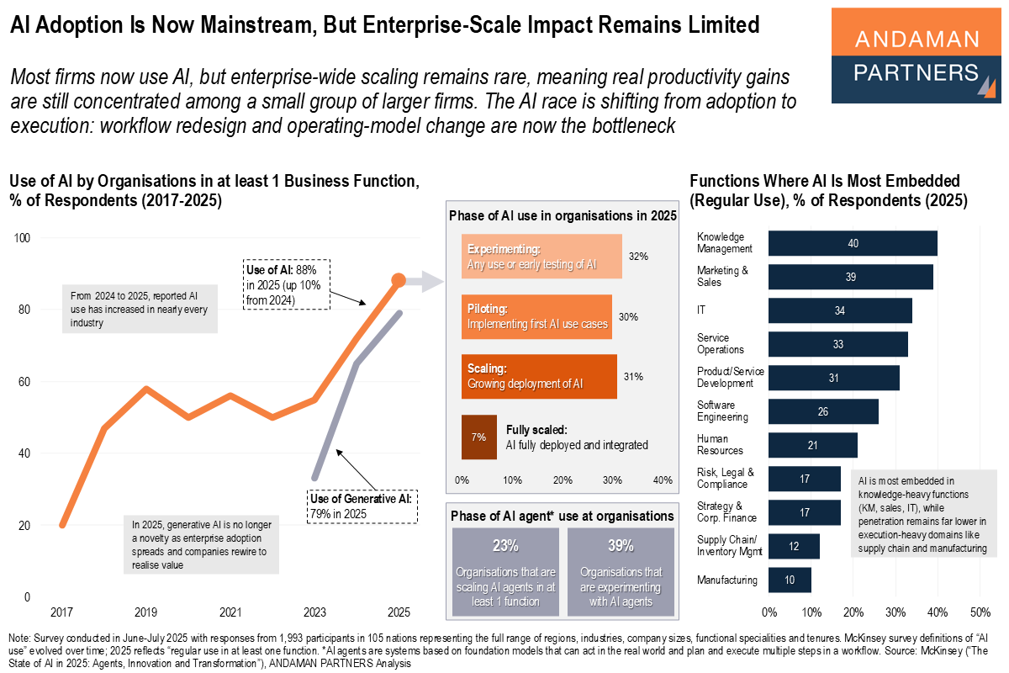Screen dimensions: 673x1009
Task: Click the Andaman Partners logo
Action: coord(916,56)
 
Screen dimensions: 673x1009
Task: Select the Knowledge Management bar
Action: coord(853,243)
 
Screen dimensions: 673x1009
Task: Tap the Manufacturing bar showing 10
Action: coord(790,580)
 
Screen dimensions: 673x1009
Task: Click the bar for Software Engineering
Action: coord(823,411)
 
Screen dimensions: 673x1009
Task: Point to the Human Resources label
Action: coord(713,444)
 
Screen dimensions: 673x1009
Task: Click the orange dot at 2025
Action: coord(399,280)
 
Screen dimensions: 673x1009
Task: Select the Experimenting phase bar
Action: coord(541,257)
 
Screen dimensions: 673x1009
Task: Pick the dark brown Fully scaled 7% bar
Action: coord(478,437)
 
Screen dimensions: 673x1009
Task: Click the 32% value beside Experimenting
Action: coord(638,257)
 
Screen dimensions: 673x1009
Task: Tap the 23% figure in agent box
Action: coord(504,545)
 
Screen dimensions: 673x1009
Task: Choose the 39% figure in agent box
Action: coord(621,545)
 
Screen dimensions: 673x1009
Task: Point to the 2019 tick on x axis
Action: coord(145,612)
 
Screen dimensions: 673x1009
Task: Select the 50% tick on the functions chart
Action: coord(980,612)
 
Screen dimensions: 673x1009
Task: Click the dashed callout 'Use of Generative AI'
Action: coord(363,505)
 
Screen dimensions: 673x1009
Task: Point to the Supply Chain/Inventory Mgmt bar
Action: coord(794,546)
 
